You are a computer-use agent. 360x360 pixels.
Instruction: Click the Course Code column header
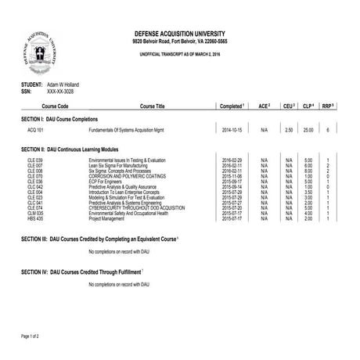[54, 104]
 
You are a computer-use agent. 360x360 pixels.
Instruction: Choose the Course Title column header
[152, 104]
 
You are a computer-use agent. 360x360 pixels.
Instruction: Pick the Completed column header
[232, 104]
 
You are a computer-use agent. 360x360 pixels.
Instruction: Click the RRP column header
[329, 104]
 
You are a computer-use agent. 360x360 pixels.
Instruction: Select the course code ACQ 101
[37, 129]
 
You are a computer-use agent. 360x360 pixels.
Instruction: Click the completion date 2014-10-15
[234, 129]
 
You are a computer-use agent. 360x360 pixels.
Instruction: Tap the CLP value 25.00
[308, 129]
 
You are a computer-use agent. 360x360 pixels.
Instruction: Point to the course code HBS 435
[36, 218]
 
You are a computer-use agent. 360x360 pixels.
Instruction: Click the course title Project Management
[106, 218]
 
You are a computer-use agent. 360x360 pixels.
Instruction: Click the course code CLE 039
[36, 160]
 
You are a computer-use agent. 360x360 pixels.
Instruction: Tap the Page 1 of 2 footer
[30, 334]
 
